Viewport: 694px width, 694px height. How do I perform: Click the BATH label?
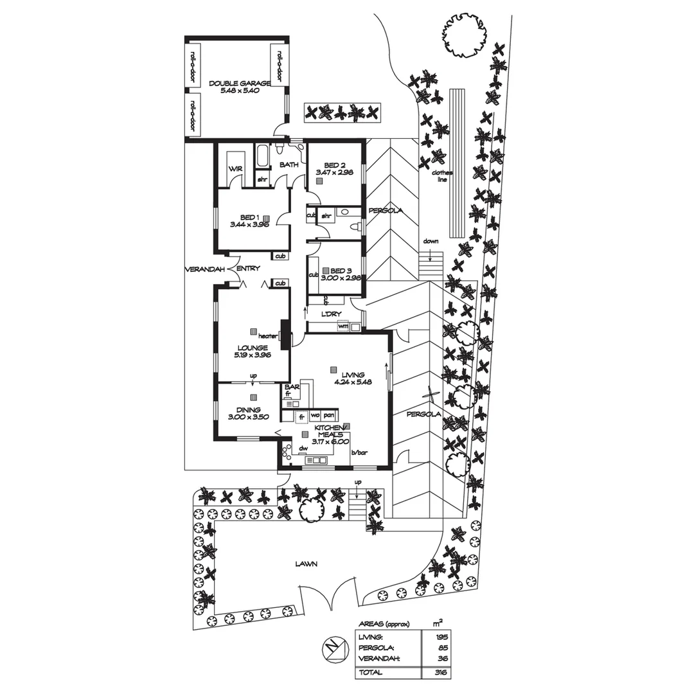click(x=289, y=165)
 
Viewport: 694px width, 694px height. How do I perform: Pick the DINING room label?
click(x=247, y=410)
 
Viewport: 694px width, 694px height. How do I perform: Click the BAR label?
click(x=292, y=387)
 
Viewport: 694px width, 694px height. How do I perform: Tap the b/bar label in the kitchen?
click(x=359, y=453)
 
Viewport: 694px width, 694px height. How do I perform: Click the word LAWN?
click(x=307, y=564)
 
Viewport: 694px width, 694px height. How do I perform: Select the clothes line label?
click(x=442, y=177)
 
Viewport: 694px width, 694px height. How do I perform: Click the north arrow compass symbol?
click(x=332, y=647)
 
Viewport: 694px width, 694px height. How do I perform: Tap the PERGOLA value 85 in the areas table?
click(x=442, y=648)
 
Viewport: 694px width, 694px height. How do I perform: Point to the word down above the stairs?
click(x=431, y=242)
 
